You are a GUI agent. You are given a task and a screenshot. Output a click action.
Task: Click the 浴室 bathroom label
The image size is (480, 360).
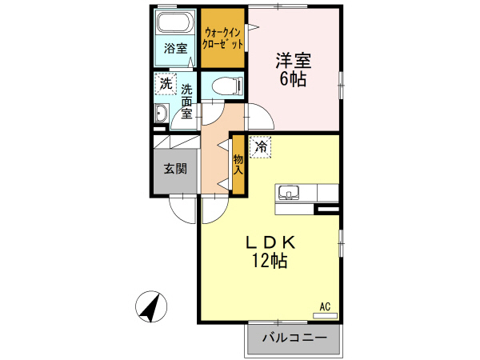pos(176,48)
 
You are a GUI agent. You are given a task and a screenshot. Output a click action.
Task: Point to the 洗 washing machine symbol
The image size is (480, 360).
pos(166,82)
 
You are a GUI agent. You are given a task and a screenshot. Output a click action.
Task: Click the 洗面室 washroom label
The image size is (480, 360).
pos(186,101)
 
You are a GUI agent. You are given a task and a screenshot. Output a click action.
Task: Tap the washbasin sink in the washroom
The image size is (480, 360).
pos(161,117)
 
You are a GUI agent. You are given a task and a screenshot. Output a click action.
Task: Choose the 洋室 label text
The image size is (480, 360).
pos(294,62)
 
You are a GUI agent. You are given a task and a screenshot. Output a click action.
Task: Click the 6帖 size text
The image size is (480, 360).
pos(294,79)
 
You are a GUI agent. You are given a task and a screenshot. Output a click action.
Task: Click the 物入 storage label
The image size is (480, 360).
pos(238,166)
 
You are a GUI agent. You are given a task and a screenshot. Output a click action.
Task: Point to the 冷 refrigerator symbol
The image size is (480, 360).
pos(261,146)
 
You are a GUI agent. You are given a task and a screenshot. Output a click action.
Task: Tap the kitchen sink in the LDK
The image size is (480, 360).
pos(288,193)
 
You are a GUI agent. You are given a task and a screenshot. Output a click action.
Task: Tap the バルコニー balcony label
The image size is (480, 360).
pos(294,338)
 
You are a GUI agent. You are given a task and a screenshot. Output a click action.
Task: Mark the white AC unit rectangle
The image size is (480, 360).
pos(325,315)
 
